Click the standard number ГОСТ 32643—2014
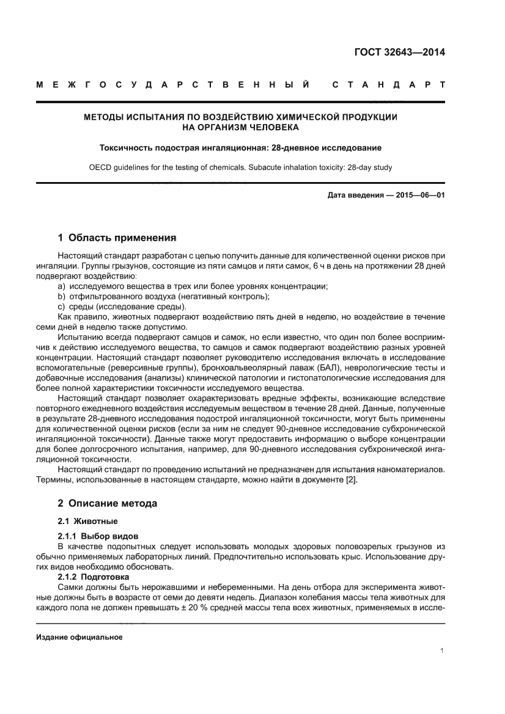point(400,52)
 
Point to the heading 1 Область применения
point(117,236)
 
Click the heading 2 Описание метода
point(107,504)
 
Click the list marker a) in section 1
point(61,286)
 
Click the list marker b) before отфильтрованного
point(61,296)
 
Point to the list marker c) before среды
point(61,306)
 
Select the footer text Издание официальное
point(79,637)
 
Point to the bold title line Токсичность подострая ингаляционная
point(241,148)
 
